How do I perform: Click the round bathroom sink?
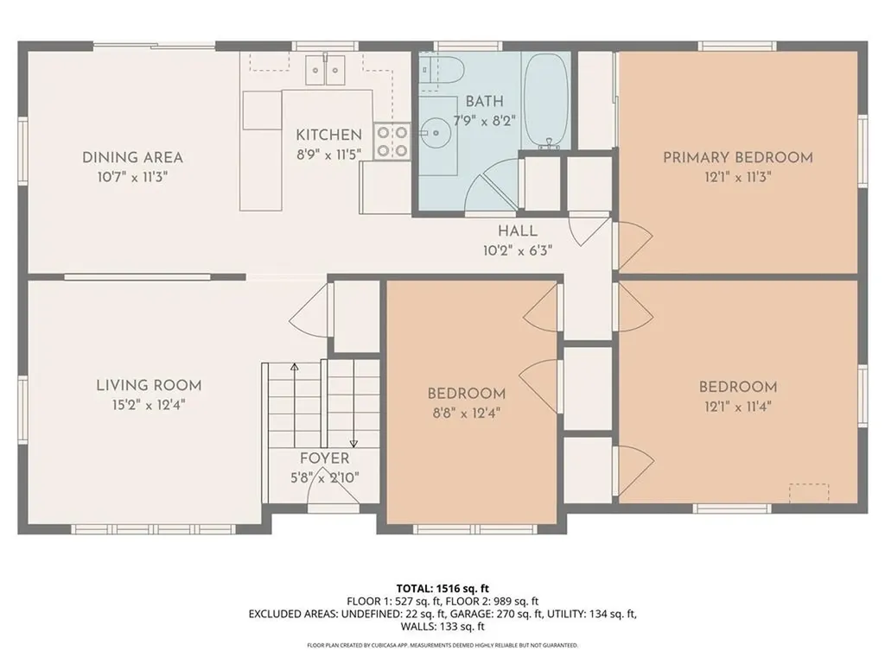[436, 134]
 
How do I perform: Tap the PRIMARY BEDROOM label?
[737, 157]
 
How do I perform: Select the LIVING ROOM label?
[149, 385]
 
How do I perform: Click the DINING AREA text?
[132, 157]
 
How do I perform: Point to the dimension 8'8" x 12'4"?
[467, 413]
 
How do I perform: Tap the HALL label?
[517, 231]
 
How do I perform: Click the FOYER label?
[324, 458]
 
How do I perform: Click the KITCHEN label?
[328, 135]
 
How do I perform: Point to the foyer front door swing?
[333, 488]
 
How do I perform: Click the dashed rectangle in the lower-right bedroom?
[809, 490]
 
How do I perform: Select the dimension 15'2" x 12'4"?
[149, 404]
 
